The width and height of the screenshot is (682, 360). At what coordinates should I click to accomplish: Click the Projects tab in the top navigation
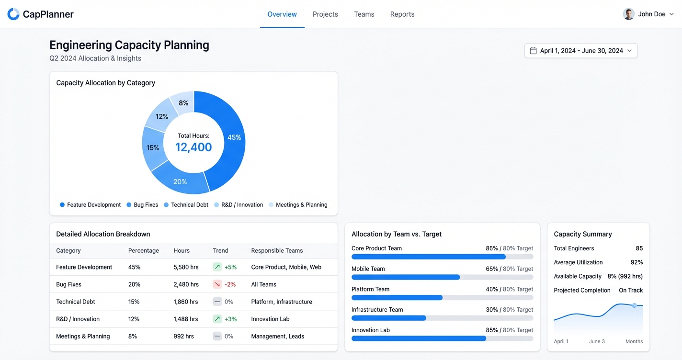325,14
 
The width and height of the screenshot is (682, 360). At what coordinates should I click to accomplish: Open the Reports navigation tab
402,14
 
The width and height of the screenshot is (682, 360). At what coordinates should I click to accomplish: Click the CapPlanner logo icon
13,14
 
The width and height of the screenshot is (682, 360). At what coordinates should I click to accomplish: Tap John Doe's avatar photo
628,14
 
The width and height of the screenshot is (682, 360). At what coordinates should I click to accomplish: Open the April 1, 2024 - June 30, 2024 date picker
580,51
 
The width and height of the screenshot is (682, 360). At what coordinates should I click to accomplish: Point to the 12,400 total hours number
193,147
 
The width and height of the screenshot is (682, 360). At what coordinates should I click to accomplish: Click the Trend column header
220,250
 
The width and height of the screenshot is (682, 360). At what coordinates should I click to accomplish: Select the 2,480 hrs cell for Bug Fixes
186,284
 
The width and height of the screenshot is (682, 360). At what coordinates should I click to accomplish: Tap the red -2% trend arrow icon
217,284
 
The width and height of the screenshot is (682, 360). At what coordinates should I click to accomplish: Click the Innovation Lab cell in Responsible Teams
270,319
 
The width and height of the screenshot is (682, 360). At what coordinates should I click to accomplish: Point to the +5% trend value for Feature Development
230,267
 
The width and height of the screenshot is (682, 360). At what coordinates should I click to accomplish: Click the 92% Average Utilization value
637,262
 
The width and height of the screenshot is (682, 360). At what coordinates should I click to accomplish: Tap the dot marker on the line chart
635,305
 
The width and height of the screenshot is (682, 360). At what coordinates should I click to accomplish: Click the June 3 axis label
597,341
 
